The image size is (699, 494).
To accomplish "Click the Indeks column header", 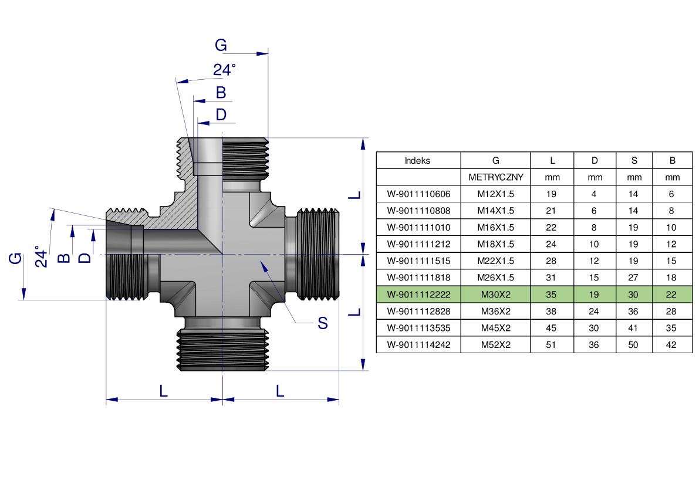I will pyautogui.click(x=417, y=160).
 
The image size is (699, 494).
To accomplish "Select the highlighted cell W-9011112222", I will pyautogui.click(x=418, y=295).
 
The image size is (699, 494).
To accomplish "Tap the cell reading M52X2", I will pyautogui.click(x=495, y=345).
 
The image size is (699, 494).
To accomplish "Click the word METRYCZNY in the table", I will pyautogui.click(x=495, y=177).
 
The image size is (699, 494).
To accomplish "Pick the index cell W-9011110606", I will pyautogui.click(x=418, y=194).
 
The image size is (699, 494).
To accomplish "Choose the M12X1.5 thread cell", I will pyautogui.click(x=495, y=194).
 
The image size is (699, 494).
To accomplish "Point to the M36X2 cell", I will pyautogui.click(x=495, y=311).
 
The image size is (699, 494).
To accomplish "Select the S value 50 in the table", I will pyautogui.click(x=634, y=345).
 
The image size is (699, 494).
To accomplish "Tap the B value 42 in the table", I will pyautogui.click(x=672, y=345).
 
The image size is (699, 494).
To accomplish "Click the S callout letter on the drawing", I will pyautogui.click(x=322, y=323).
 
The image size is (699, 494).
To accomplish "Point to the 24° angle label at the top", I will pyautogui.click(x=224, y=70).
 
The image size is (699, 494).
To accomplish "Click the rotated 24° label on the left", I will pyautogui.click(x=40, y=256).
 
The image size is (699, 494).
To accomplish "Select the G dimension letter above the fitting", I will pyautogui.click(x=220, y=45).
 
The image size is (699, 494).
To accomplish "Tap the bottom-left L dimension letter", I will pyautogui.click(x=163, y=390).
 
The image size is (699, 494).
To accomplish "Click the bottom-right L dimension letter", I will pyautogui.click(x=280, y=390).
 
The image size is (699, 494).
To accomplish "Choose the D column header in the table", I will pyautogui.click(x=594, y=160).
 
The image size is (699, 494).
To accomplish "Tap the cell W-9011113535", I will pyautogui.click(x=418, y=328).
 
